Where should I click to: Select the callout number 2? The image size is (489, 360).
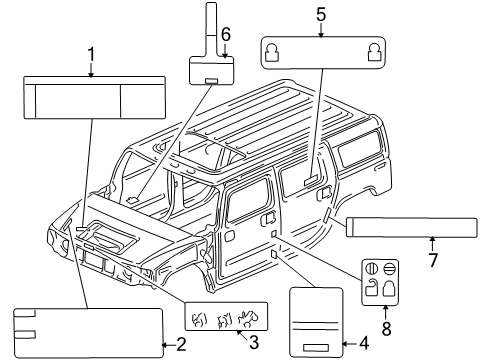coord(181,346)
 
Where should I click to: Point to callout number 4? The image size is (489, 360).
coord(362,346)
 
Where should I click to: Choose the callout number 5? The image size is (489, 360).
coord(321,15)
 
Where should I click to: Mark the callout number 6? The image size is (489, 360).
coord(226,34)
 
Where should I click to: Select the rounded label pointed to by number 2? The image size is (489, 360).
coord(88,331)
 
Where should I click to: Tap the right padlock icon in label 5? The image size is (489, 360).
coord(373,50)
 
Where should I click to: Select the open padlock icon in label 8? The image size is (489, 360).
coord(371,292)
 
